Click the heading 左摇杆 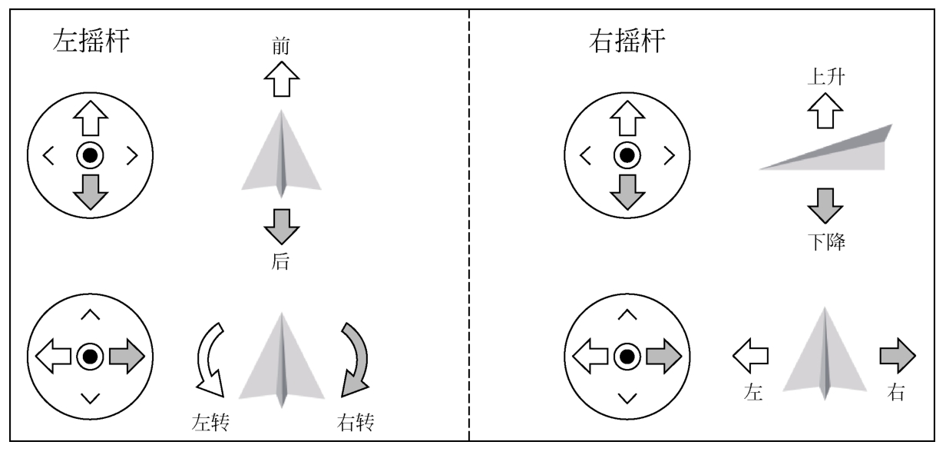91,41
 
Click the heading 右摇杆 627,41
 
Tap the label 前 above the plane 281,45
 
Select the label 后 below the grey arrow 280,261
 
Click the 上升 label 826,77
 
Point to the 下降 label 826,242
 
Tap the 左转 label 210,422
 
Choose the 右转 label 356,422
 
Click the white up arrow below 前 282,79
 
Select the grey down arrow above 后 282,227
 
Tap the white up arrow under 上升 825,111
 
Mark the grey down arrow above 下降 825,206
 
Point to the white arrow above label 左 750,356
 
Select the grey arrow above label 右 898,356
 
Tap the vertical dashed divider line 468,225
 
